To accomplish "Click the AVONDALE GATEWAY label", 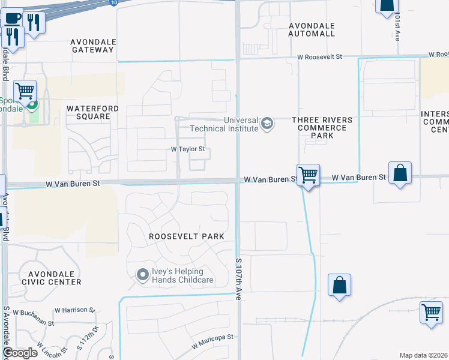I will pos(92,46).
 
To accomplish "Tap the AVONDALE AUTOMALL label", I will pos(312,30).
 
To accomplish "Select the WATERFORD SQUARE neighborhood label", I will pos(92,112).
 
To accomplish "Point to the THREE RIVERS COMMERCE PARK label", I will pos(322,128).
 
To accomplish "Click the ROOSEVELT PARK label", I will pos(187,236).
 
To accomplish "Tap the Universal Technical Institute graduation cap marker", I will pos(267,125).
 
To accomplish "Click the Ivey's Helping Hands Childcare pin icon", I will pos(142,275).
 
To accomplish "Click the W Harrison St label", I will pos(74,310).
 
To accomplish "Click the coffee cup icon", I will pos(13,19).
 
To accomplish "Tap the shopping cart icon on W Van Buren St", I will pos(308,175).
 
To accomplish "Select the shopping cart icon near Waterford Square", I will pos(25,91).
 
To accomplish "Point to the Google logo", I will pos(19,353).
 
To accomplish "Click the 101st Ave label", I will pos(397,28).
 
